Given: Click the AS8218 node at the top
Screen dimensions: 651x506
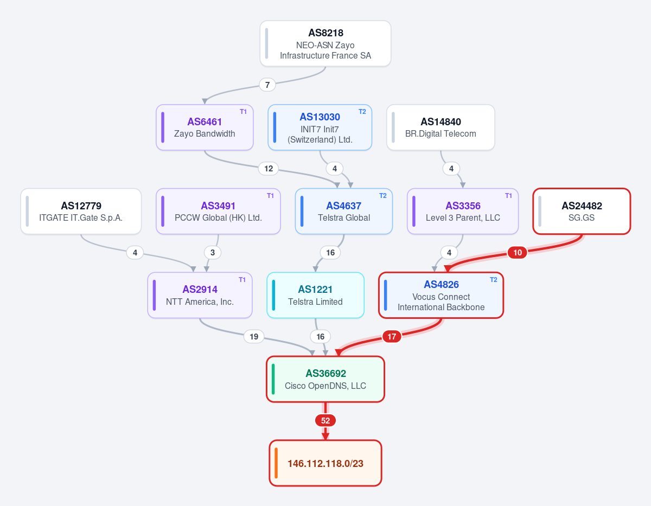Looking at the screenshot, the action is pos(325,43).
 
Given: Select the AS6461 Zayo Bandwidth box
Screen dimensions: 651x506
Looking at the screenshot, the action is pos(205,127).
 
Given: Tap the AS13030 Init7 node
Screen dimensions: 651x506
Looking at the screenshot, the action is pos(320,127).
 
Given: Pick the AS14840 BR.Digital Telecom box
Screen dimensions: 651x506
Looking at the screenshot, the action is pos(441,127).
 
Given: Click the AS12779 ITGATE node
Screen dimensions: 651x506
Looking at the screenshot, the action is pos(81,212).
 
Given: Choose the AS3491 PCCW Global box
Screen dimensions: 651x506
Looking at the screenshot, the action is pos(218,212).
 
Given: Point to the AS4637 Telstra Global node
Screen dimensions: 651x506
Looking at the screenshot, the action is pos(343,212).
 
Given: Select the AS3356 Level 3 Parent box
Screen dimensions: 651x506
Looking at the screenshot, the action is pos(463,212).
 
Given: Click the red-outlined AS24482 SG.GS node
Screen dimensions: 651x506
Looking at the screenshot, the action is pos(582,212).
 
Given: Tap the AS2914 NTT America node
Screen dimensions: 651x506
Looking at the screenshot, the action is pos(200,295).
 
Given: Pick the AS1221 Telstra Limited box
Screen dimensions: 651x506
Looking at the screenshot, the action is pos(316,295).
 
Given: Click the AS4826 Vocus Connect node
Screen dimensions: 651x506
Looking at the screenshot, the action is pos(441,295).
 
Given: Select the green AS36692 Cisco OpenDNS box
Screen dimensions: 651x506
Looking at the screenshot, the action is pos(325,379).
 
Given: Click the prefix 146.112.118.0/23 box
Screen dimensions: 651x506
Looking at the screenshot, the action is pos(325,463).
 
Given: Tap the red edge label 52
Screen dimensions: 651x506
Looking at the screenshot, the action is pos(325,421).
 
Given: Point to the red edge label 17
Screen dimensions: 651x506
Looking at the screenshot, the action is pos(392,337).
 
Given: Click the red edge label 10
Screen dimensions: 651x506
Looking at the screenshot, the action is pos(518,252).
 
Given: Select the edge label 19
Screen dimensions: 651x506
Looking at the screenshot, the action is pos(254,337).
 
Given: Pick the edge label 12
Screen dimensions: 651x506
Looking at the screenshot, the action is pos(269,169).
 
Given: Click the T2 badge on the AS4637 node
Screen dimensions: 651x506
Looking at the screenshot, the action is pos(383,196).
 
